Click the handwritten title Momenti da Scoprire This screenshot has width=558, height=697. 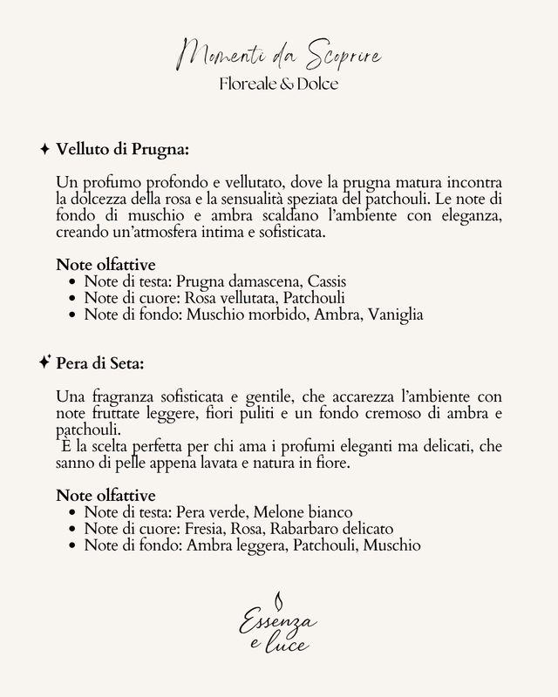pos(279,58)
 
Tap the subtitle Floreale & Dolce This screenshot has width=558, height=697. pos(279,86)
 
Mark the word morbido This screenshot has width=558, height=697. pos(264,314)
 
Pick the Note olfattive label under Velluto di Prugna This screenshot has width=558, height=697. pos(105,265)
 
